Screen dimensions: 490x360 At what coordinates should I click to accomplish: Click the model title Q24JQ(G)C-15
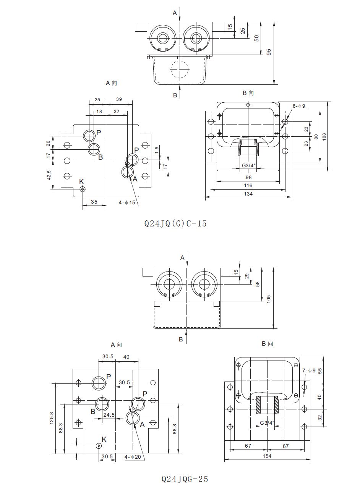tap(175, 223)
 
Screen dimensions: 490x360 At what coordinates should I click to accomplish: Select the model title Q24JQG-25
tap(185, 479)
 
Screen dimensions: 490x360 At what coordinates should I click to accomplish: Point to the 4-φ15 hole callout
tap(128, 202)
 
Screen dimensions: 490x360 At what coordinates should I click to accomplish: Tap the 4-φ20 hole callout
tap(133, 456)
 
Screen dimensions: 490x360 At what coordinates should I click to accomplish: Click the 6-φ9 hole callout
tap(299, 106)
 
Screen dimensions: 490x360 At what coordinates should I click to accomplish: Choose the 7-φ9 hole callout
tap(309, 370)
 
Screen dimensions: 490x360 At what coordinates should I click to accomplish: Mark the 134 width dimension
tap(248, 194)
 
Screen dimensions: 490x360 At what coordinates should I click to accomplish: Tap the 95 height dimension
tap(269, 52)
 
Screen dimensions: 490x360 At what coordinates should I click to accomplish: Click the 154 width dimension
tap(268, 456)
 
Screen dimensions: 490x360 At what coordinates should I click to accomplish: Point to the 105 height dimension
tap(268, 298)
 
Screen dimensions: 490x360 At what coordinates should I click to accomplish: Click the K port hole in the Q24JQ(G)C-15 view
tap(82, 189)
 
